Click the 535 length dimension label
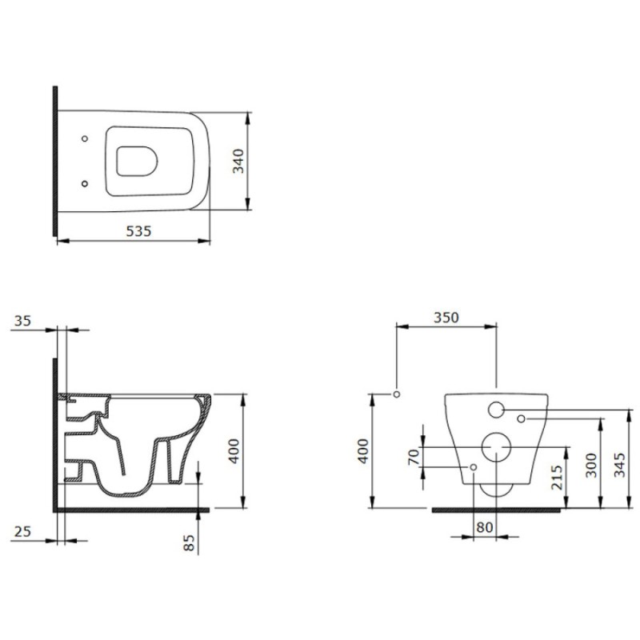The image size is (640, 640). click(x=138, y=231)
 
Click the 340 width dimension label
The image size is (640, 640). click(x=238, y=161)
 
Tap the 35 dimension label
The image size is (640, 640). click(x=22, y=321)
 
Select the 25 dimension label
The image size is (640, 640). click(x=22, y=531)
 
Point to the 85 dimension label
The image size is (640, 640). click(x=189, y=543)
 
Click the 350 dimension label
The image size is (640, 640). click(x=446, y=318)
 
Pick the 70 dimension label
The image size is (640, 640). click(x=414, y=456)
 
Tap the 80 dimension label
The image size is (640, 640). click(x=485, y=527)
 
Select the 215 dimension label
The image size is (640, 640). click(x=557, y=478)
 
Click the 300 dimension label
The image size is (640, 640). click(x=591, y=466)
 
